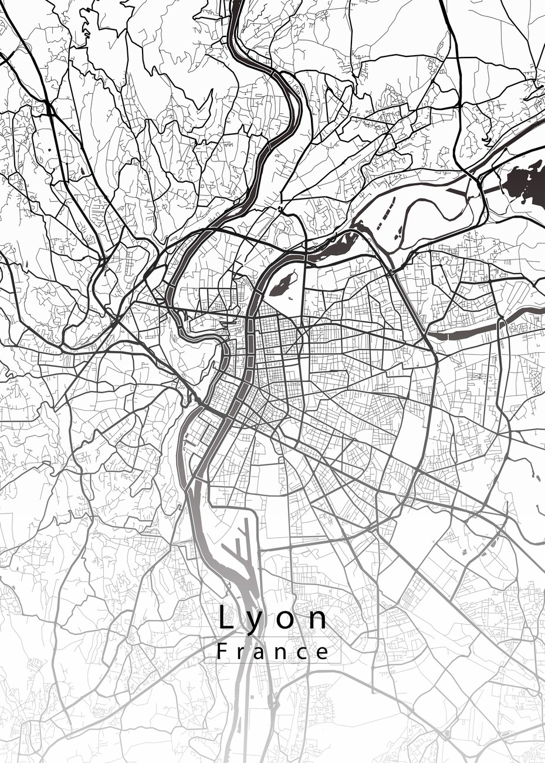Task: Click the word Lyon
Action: (273, 618)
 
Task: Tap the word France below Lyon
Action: (273, 652)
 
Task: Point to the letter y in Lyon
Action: (256, 621)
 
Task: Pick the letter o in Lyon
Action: (286, 620)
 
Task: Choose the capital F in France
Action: (222, 651)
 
